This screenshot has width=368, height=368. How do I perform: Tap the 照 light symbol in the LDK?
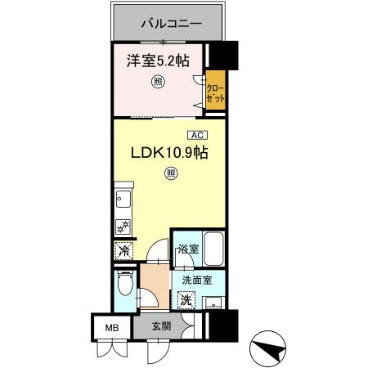(x=170, y=173)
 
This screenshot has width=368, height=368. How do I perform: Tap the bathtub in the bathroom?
(x=214, y=248)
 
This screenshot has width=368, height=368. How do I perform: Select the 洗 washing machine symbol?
(x=186, y=300)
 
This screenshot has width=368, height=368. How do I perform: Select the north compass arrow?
(x=275, y=349)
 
